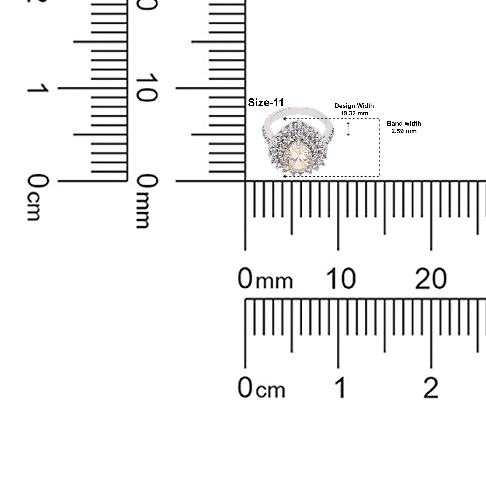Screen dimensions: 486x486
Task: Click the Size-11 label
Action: pyautogui.click(x=266, y=102)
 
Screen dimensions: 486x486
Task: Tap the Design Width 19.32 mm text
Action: pyautogui.click(x=354, y=109)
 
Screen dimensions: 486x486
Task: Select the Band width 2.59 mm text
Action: pyautogui.click(x=404, y=127)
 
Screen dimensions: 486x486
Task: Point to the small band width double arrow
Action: pyautogui.click(x=348, y=129)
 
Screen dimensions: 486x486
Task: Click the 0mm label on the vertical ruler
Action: pyautogui.click(x=147, y=201)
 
